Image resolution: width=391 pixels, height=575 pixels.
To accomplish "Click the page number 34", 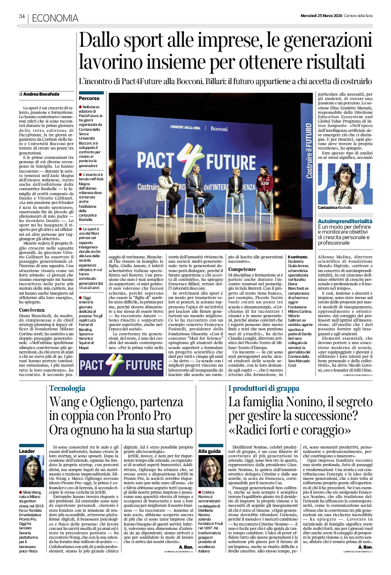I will pos(22,16).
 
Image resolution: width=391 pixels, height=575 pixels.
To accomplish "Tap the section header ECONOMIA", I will pos(54,18).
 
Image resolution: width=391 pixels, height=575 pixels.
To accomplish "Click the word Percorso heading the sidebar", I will pos(89,98).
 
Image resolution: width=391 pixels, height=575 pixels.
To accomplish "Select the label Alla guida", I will pos(209,450).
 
